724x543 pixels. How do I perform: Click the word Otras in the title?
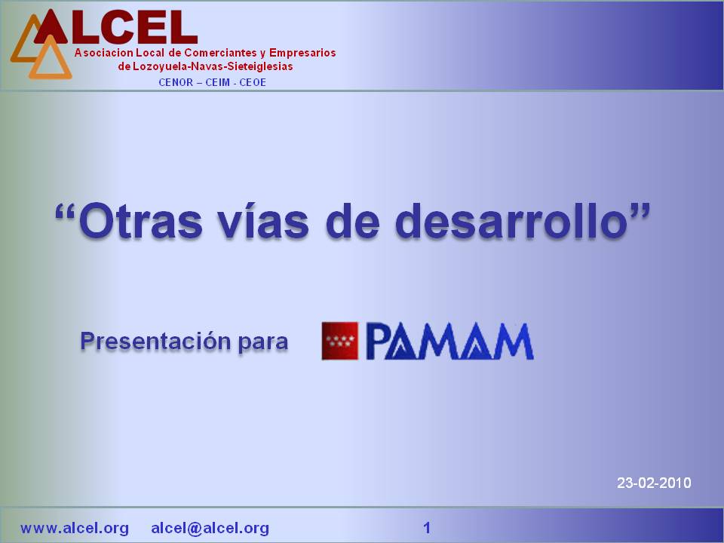141,222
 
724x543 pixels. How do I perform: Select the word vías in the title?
263,221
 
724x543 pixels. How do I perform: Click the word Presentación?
155,341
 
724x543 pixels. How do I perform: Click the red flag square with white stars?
340,341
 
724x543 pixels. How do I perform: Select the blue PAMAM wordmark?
450,341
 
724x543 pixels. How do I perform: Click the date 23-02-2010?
654,483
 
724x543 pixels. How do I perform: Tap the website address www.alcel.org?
75,528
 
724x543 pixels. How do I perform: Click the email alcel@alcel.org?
210,528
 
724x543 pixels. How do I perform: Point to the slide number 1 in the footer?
427,528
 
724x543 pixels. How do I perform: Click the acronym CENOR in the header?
176,83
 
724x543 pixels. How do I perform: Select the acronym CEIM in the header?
217,83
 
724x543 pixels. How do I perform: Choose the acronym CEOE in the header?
253,83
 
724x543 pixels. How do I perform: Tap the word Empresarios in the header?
302,53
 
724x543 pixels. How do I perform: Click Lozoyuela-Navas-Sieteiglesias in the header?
213,66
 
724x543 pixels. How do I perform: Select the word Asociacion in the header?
104,53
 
